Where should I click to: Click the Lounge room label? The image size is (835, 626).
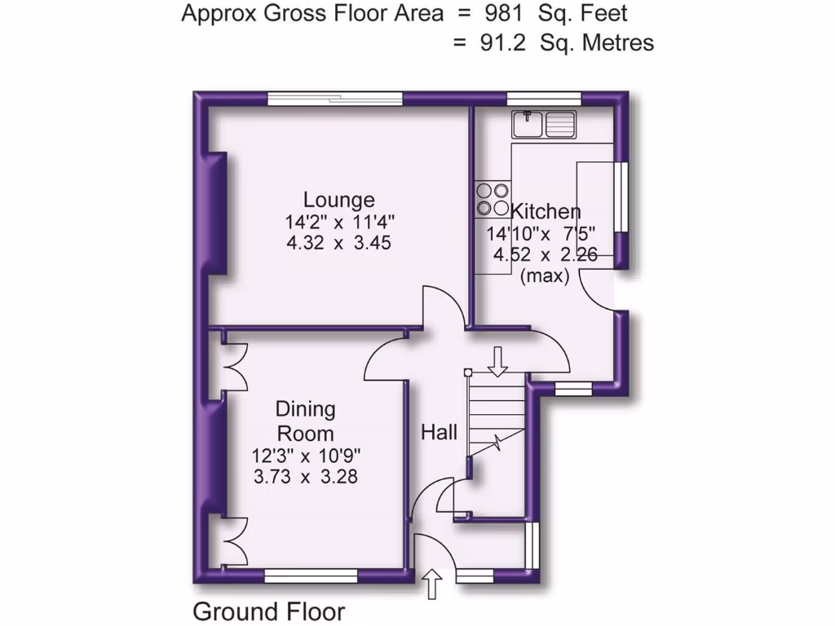(x=339, y=200)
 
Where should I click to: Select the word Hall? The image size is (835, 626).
(x=439, y=433)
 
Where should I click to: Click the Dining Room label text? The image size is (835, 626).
(x=305, y=421)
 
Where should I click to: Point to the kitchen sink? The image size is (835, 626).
(x=544, y=125)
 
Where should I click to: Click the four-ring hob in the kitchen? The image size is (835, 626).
(x=490, y=199)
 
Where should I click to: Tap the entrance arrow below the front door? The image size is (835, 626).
(x=432, y=584)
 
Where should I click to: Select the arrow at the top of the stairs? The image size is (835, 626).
(x=497, y=361)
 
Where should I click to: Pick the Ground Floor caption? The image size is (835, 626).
(x=268, y=611)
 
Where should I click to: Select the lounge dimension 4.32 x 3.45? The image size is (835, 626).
(x=338, y=243)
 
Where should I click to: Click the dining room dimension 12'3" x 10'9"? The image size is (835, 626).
(x=307, y=456)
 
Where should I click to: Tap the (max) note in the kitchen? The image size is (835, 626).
(x=544, y=276)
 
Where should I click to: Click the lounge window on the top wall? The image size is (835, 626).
(x=335, y=99)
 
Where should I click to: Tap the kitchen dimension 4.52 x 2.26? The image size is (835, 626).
(x=545, y=255)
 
